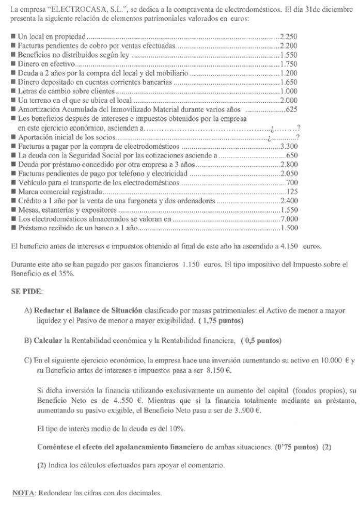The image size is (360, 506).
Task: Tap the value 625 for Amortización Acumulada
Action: point(291,109)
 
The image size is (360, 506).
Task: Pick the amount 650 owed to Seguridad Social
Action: point(291,156)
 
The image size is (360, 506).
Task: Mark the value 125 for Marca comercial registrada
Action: point(291,192)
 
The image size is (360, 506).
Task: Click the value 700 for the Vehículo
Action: point(291,183)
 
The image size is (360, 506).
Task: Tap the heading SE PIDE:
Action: point(27,292)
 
